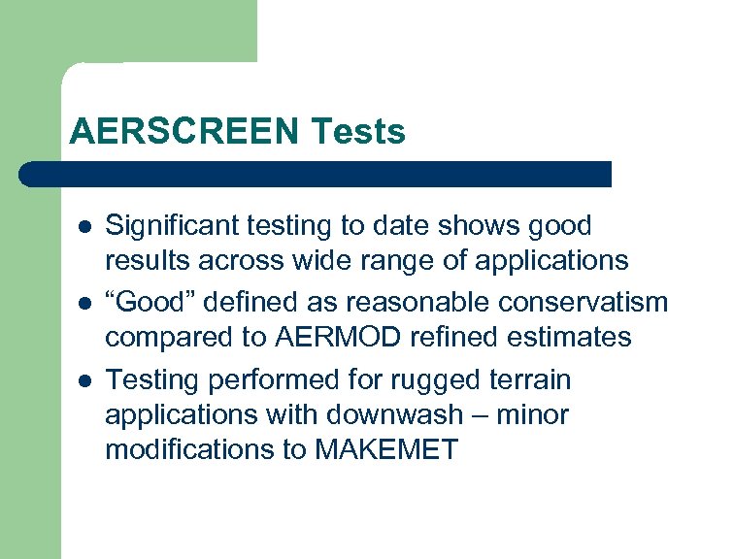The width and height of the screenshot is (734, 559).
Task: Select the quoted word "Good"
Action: click(145, 303)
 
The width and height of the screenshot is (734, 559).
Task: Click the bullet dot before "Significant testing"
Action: click(83, 227)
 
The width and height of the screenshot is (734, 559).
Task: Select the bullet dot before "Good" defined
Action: click(83, 303)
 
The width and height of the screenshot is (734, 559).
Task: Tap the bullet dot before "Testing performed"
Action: click(83, 378)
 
